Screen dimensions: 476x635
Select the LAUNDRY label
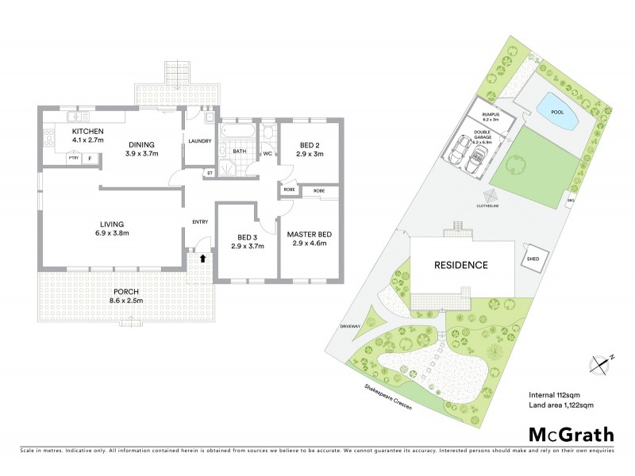point(199,142)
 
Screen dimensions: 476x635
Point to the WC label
point(267,153)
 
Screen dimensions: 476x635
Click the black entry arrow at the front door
point(202,257)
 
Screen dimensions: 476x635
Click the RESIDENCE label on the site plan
point(460,265)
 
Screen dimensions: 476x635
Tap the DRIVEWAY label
point(351,325)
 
